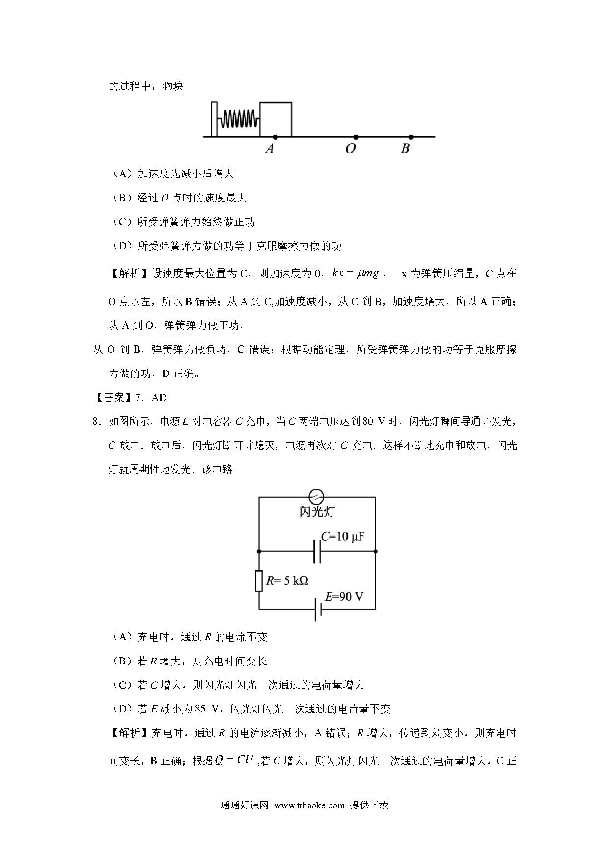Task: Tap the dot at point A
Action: (x=276, y=136)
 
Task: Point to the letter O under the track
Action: (x=350, y=148)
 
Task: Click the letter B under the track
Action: (x=405, y=148)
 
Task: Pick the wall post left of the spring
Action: (x=214, y=118)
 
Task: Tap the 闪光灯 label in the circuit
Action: (x=317, y=512)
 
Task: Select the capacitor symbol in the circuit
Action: (x=317, y=551)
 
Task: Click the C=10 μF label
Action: (x=342, y=536)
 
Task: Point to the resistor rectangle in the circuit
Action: (x=259, y=580)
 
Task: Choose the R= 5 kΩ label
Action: (x=287, y=581)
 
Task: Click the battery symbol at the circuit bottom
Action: (x=318, y=609)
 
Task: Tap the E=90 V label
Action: (x=344, y=596)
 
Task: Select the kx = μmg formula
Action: (x=356, y=273)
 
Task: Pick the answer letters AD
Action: (x=159, y=398)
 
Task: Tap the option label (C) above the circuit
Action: (x=122, y=222)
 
